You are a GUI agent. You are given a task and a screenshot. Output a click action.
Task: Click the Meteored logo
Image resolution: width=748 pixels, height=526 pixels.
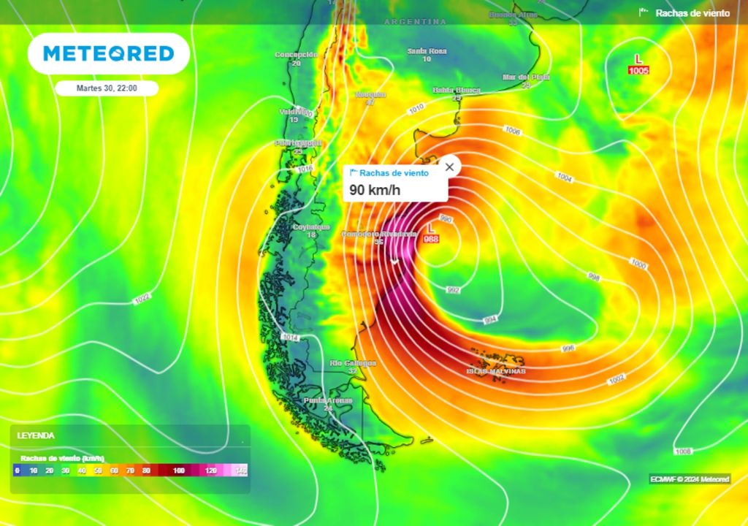point(108,53)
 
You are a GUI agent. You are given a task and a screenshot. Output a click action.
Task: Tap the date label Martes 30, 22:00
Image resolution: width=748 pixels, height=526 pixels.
point(107,88)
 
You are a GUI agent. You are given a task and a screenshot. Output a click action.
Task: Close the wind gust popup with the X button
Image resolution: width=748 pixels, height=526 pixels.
point(449,167)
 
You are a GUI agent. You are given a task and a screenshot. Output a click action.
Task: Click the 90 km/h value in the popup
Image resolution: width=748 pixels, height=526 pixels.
point(375,190)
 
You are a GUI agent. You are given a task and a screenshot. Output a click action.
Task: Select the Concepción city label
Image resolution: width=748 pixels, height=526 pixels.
point(296,55)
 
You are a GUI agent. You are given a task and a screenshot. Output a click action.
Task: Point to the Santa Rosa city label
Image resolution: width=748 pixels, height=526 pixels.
point(427,51)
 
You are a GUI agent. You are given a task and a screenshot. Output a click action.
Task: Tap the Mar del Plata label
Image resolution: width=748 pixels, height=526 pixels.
point(526,77)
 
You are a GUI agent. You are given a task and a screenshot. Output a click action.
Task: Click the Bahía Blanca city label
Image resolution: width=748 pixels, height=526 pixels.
point(457,90)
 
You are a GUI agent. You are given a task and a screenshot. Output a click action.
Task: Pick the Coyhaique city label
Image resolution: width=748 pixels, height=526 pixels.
point(312,227)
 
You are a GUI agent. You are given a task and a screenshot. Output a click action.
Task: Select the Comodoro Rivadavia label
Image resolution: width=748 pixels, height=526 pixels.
point(379,234)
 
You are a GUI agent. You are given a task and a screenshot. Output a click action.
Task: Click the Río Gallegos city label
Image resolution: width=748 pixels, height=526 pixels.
point(353,363)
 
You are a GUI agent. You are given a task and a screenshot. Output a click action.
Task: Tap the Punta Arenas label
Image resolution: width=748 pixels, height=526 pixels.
point(328,400)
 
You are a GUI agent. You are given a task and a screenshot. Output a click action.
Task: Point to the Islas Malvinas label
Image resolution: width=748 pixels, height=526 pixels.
point(496,371)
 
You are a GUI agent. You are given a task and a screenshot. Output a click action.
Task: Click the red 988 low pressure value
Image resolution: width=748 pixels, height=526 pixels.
point(431,240)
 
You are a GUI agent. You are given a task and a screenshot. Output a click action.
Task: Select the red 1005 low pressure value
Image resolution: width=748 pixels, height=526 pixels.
point(638,70)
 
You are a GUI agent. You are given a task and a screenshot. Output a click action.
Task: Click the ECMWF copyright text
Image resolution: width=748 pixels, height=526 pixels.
point(690,479)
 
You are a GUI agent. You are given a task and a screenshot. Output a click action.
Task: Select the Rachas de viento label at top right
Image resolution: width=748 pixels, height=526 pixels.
point(692,12)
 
